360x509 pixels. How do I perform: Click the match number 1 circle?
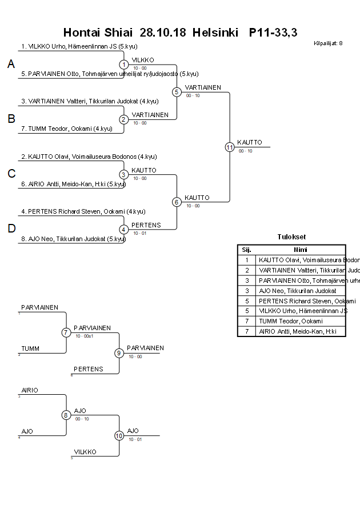[x=123, y=65]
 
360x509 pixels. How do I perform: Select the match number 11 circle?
[x=230, y=147]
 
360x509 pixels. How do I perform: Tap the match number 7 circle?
[x=66, y=332]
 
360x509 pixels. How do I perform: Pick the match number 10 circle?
[x=119, y=436]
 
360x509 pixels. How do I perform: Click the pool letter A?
[x=11, y=65]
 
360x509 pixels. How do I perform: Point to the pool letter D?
[x=11, y=229]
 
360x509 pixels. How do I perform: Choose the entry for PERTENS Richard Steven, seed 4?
[x=83, y=211]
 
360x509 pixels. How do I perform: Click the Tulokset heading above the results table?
[x=291, y=237]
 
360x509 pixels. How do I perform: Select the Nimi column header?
[x=301, y=250]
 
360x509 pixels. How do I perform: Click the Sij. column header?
[x=247, y=250]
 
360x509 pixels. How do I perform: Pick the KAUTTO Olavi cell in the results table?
[x=301, y=260]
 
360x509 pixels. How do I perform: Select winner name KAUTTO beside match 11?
[x=250, y=142]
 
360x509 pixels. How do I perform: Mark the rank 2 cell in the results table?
[x=247, y=270]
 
